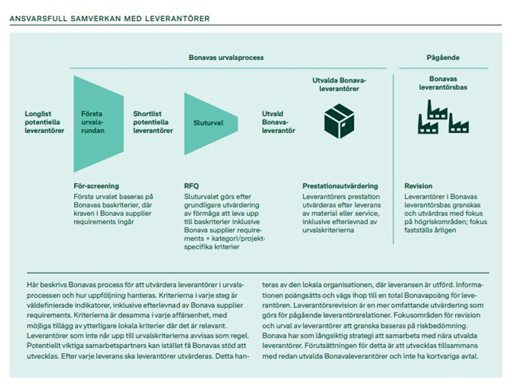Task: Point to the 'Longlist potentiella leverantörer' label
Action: [x=44, y=122]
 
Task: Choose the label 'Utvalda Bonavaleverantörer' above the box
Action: [x=339, y=84]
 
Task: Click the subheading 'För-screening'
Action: [x=97, y=186]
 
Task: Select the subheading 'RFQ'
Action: [x=191, y=186]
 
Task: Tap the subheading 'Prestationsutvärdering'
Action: [x=340, y=186]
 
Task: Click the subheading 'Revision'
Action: [x=418, y=186]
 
